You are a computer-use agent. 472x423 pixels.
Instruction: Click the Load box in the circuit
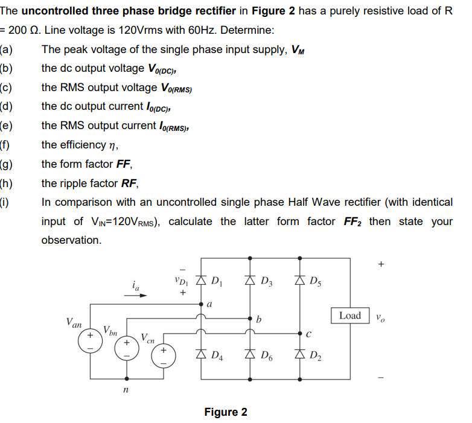click(x=350, y=316)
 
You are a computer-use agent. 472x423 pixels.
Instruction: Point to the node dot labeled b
click(x=250, y=318)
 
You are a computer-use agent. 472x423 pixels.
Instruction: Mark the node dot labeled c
click(x=299, y=332)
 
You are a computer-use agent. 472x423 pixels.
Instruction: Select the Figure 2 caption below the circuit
click(x=225, y=412)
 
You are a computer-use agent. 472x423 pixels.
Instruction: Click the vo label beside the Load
click(x=380, y=316)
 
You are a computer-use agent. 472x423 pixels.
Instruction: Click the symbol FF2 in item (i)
click(x=352, y=221)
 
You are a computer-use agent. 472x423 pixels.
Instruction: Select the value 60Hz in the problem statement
click(x=195, y=30)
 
